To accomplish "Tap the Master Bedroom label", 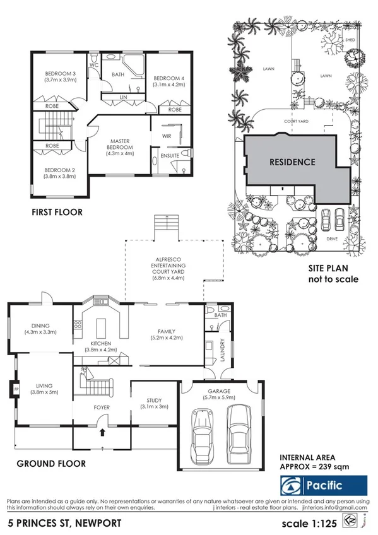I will (120, 141).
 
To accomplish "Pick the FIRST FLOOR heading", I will (57, 213).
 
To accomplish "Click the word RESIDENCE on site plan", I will (292, 162).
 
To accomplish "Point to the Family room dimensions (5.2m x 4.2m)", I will (166, 338).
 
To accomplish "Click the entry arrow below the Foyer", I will (102, 433).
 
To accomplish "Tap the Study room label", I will (153, 400).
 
